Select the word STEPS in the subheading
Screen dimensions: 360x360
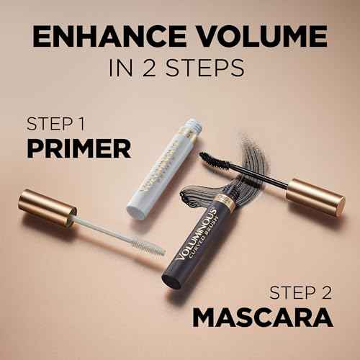tap(209, 70)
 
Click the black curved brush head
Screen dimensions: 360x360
tap(216, 159)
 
